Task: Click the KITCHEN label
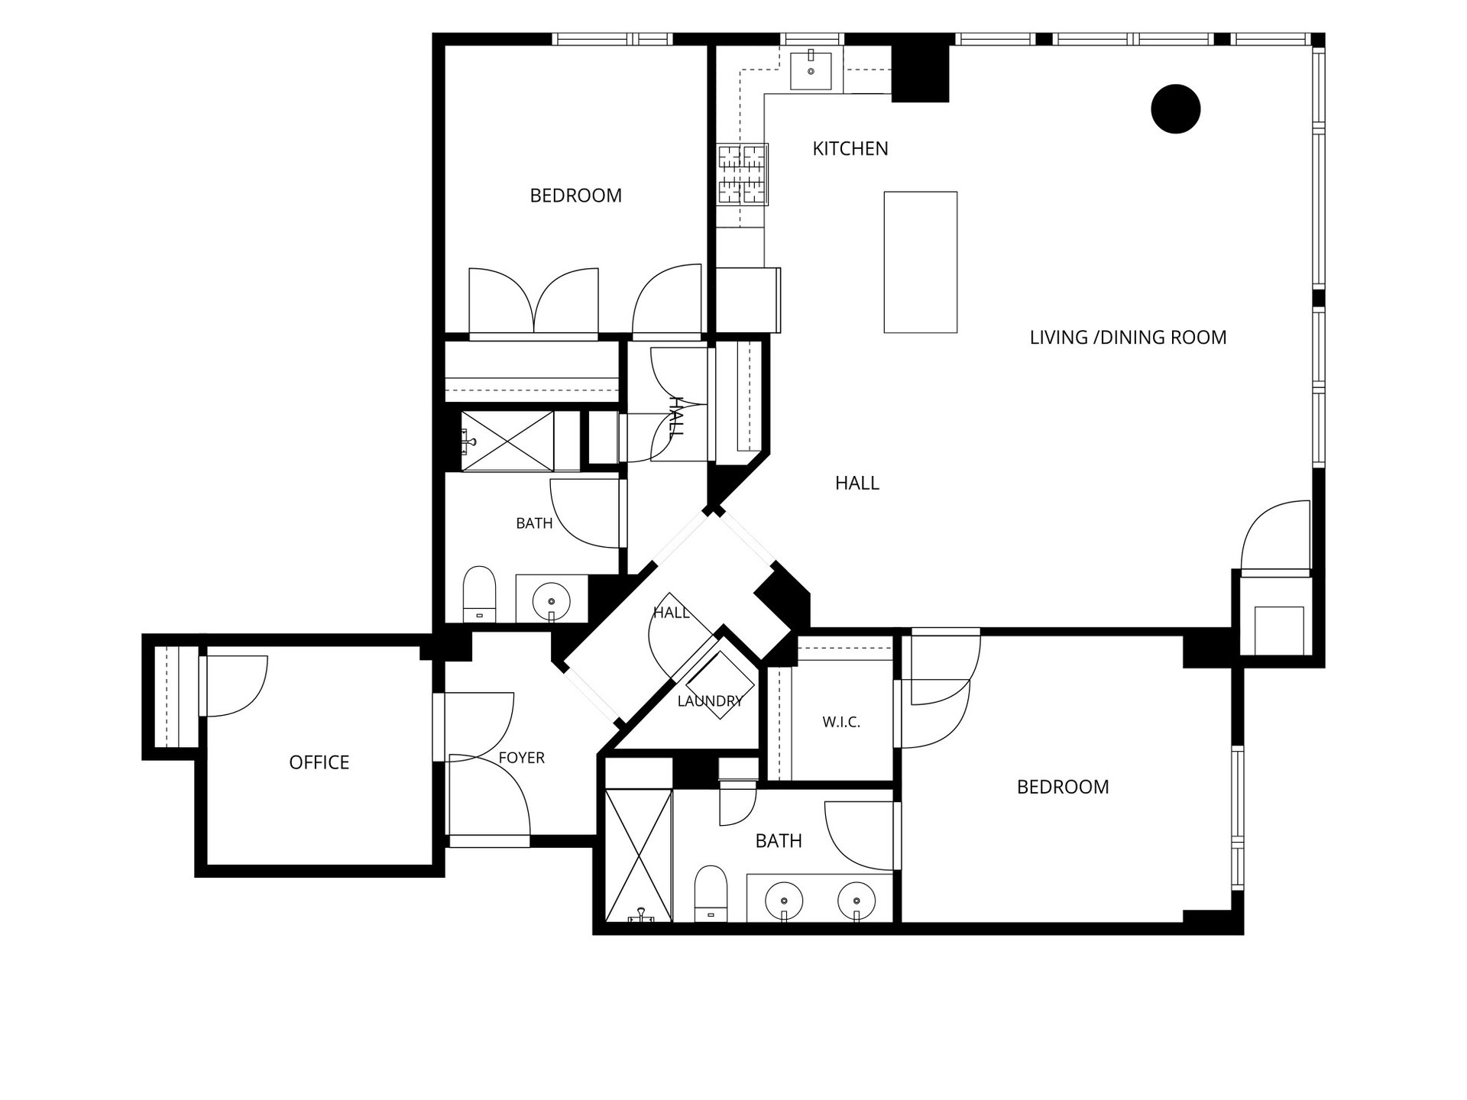850,148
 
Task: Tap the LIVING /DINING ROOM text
1128,337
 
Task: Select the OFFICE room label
319,762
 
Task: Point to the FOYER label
522,758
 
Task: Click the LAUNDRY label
710,700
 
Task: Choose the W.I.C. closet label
841,722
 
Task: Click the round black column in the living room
1175,109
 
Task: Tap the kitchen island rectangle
921,262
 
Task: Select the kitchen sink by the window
811,70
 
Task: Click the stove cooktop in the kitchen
742,174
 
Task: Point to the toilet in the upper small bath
479,594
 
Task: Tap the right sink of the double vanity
857,901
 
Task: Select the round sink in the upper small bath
551,601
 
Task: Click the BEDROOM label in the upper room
576,196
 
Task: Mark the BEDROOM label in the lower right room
1063,787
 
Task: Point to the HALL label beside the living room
857,483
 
